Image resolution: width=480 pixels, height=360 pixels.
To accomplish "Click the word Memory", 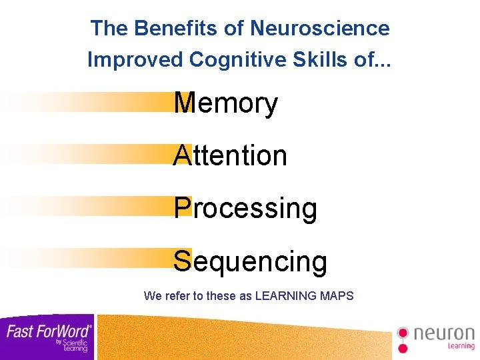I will pyautogui.click(x=225, y=104).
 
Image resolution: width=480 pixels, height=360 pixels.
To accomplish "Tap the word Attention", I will pyautogui.click(x=230, y=156).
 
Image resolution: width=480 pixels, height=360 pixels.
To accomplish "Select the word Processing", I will pyautogui.click(x=245, y=209).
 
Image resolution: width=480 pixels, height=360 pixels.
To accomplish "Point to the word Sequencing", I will pyautogui.click(x=250, y=262).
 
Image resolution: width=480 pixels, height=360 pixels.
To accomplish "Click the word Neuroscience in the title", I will pyautogui.click(x=319, y=29).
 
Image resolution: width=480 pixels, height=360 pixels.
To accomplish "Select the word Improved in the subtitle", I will pyautogui.click(x=135, y=59).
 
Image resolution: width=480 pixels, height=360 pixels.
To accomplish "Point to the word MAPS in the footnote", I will pyautogui.click(x=337, y=295).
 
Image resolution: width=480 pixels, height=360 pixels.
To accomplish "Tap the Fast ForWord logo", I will pyautogui.click(x=47, y=336).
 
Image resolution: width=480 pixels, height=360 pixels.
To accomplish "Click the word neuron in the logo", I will pyautogui.click(x=444, y=333).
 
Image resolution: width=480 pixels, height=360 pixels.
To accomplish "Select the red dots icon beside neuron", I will pyautogui.click(x=402, y=339).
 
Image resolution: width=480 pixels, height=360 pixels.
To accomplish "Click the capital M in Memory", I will pyautogui.click(x=183, y=104).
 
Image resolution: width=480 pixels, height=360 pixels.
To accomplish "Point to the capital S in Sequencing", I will pyautogui.click(x=182, y=262).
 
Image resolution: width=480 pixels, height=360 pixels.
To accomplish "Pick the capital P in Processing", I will pyautogui.click(x=182, y=209).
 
